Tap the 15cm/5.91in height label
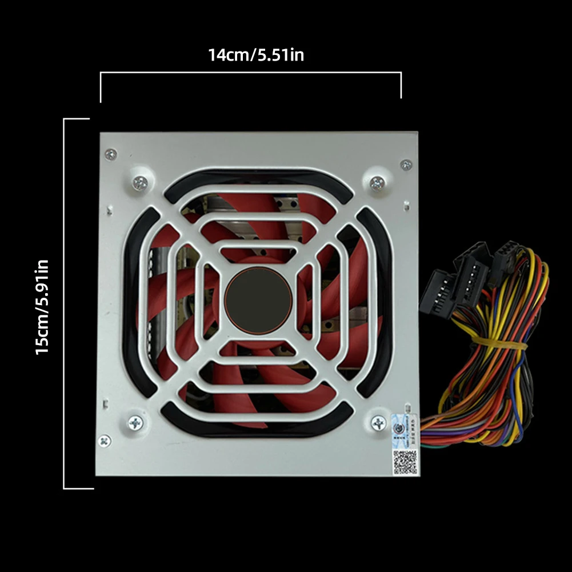43,306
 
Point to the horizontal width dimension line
250,73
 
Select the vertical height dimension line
64,303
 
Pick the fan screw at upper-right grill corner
377,183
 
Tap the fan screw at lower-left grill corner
135,423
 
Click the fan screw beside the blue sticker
378,423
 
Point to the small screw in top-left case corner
111,154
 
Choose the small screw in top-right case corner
406,165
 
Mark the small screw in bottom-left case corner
105,441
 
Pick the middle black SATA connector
472,274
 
